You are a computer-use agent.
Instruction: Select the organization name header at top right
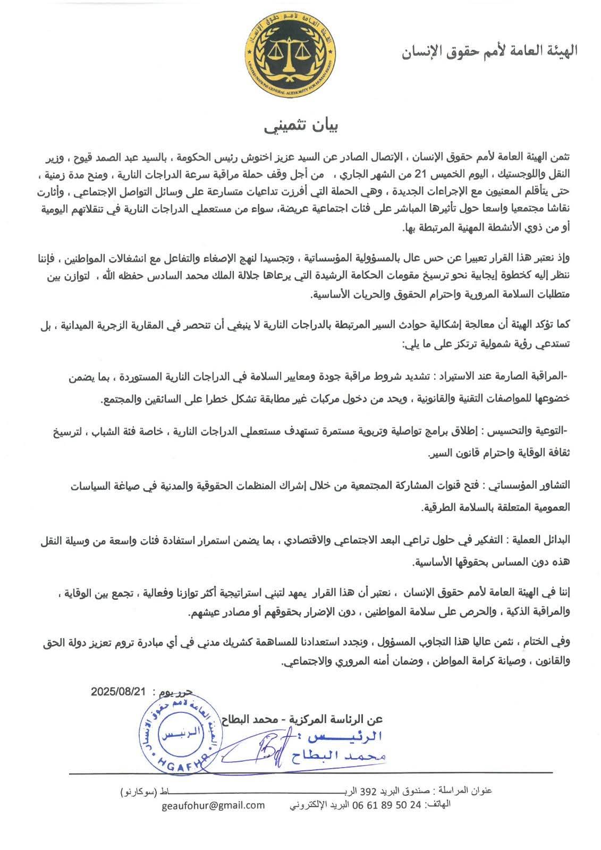[x=488, y=52]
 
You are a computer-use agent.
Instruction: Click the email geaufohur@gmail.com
[x=214, y=805]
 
